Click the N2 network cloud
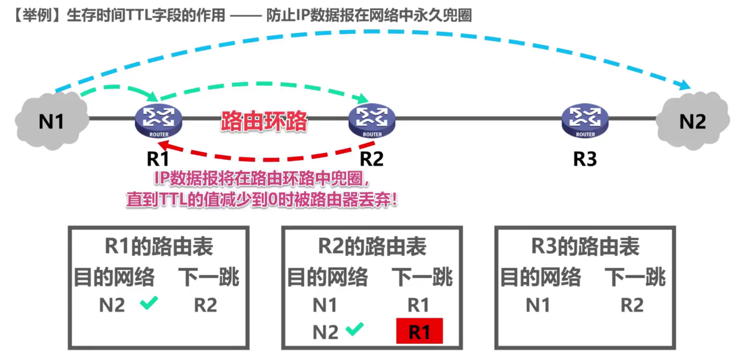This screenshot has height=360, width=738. click(x=692, y=122)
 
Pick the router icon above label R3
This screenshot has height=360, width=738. click(x=585, y=119)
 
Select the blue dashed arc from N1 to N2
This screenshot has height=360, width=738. click(x=369, y=33)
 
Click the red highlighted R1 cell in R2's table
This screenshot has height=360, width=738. click(x=419, y=331)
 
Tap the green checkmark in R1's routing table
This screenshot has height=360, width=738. click(x=149, y=303)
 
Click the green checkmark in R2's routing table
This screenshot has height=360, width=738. click(x=354, y=329)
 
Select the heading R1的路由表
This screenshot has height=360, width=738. click(x=159, y=247)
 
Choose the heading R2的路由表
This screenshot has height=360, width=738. click(x=372, y=247)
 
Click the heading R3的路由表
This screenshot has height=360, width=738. click(x=585, y=247)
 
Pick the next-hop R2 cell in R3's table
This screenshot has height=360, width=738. click(x=631, y=305)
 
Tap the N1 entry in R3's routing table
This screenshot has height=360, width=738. click(x=537, y=305)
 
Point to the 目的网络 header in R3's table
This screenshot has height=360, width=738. click(x=540, y=277)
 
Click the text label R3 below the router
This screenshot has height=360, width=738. click(x=585, y=158)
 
